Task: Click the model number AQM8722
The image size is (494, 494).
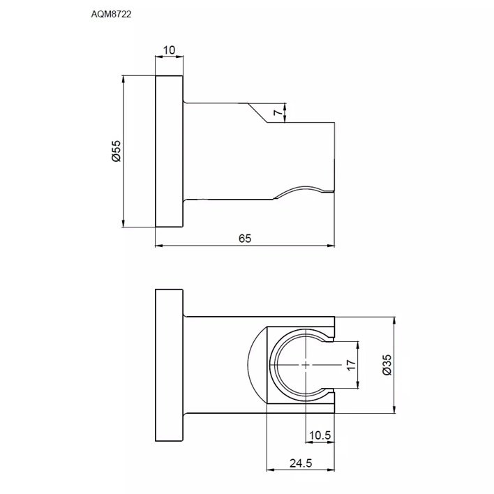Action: [111, 14]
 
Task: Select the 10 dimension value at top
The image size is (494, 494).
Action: [169, 50]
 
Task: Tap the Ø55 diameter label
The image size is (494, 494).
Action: [116, 151]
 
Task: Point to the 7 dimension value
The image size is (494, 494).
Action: [277, 112]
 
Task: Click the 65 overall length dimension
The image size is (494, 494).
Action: [245, 239]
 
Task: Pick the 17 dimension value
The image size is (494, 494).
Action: [351, 365]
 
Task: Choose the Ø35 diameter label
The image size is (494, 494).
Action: [387, 365]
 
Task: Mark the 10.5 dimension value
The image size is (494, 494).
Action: [320, 435]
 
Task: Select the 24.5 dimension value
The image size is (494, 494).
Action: [301, 463]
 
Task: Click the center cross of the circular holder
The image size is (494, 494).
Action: [306, 365]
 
